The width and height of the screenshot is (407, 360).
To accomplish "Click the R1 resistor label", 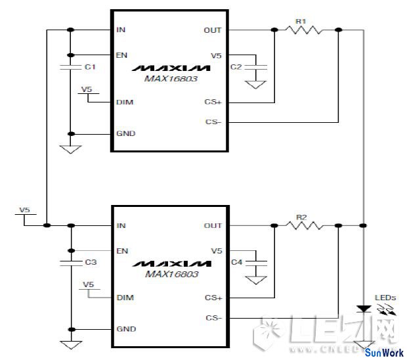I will point(301,21).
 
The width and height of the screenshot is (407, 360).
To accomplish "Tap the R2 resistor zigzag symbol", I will point(304,225).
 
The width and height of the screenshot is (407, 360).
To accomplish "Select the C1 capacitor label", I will point(91,67).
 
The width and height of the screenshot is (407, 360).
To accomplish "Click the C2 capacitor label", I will point(236,67).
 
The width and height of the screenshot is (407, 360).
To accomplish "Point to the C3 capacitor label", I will point(91,262).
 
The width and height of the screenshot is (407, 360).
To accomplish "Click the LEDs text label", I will point(385,298).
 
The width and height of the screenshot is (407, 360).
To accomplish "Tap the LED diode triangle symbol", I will point(362,308).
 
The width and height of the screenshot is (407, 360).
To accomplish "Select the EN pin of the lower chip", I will point(121,251).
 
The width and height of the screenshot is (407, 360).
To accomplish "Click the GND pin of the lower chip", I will point(125,328).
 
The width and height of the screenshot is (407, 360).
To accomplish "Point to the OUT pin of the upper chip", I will point(213,30).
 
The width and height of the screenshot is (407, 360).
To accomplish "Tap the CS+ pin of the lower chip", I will point(214,298).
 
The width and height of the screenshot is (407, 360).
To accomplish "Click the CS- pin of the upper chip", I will point(214,122).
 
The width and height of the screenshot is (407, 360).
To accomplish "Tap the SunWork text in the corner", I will point(385,353).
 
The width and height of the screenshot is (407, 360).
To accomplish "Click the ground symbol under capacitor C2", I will point(256,85).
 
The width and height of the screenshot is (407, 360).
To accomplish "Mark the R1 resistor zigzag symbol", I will point(304,30).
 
